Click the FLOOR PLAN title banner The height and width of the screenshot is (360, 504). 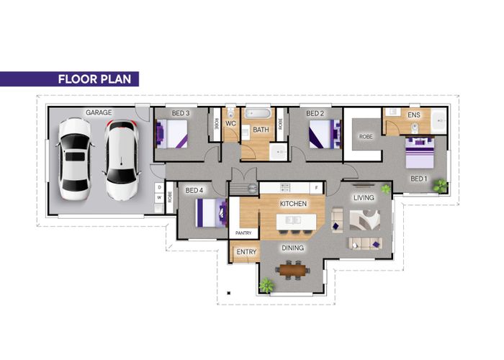pyautogui.click(x=69, y=79)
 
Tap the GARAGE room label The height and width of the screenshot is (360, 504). pyautogui.click(x=99, y=112)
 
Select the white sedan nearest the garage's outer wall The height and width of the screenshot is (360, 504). pyautogui.click(x=75, y=159)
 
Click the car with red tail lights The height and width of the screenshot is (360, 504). pyautogui.click(x=122, y=160)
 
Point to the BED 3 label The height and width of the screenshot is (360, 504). pyautogui.click(x=181, y=113)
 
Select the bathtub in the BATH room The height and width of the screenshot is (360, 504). pyautogui.click(x=258, y=114)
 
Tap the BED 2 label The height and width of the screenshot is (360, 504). pyautogui.click(x=315, y=113)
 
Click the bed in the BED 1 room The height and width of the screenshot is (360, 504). pyautogui.click(x=420, y=153)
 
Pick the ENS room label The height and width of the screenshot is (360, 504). pyautogui.click(x=414, y=114)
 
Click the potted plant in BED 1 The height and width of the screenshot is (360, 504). pyautogui.click(x=440, y=186)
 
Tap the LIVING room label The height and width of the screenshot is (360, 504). pyautogui.click(x=364, y=197)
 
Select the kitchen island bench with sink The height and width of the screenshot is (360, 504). pyautogui.click(x=296, y=222)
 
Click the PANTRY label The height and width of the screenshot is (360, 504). pyautogui.click(x=243, y=233)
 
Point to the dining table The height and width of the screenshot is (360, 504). pyautogui.click(x=292, y=270)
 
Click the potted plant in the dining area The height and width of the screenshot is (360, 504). pyautogui.click(x=266, y=285)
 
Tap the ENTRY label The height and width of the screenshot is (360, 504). pyautogui.click(x=246, y=252)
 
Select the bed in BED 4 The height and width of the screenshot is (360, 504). pyautogui.click(x=211, y=213)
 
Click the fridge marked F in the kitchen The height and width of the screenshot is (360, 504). pyautogui.click(x=317, y=188)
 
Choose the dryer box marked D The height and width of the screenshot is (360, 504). pyautogui.click(x=159, y=187)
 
